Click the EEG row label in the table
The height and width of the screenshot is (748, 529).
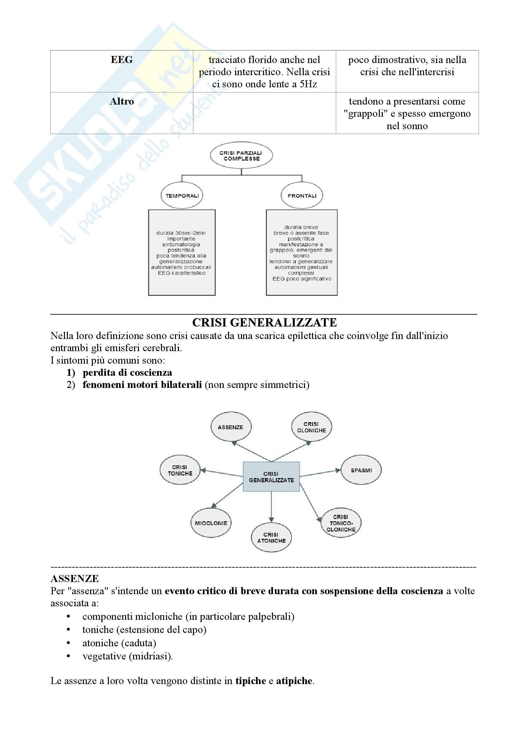point(122,60)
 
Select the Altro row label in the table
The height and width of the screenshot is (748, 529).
point(122,101)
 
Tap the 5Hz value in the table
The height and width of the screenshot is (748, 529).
point(308,84)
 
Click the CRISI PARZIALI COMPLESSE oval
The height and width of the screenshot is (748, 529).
point(241,155)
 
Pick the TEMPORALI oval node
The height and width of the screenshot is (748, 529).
point(182,195)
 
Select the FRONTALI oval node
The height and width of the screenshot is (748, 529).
point(302,195)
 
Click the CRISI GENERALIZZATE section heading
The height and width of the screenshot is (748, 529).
point(264,323)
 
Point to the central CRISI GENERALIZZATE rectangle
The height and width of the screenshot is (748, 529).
point(271,476)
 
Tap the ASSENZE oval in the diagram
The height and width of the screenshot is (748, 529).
point(231,427)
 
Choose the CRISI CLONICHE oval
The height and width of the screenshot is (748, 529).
point(311,427)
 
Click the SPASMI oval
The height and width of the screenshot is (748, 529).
point(361,470)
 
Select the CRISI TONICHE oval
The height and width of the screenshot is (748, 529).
point(180,470)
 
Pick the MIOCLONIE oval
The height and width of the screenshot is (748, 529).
point(211,523)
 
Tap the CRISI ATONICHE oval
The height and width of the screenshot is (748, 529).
point(271,538)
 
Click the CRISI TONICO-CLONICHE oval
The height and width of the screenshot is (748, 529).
point(341,523)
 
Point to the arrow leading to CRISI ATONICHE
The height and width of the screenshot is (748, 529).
point(271,507)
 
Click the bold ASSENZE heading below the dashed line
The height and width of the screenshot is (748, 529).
point(75,579)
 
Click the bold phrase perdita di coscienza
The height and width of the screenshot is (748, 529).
point(127,372)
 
